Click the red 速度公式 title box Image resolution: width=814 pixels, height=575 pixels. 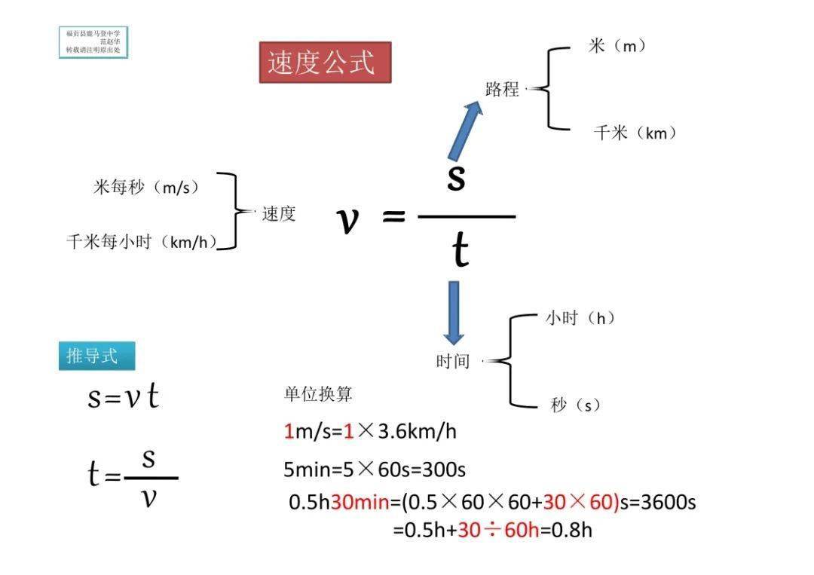[x=325, y=63]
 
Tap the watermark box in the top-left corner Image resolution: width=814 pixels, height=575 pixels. [x=93, y=42]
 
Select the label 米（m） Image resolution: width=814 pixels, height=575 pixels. [x=617, y=46]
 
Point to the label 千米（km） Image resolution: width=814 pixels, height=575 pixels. [x=635, y=133]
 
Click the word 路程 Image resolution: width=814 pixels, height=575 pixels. [x=502, y=90]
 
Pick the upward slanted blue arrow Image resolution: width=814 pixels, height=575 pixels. [x=464, y=130]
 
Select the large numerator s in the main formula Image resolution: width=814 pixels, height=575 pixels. [x=456, y=177]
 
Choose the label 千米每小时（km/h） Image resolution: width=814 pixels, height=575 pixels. [x=142, y=242]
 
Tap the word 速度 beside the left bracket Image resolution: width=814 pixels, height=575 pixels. [x=279, y=214]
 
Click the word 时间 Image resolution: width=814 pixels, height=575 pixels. [x=452, y=362]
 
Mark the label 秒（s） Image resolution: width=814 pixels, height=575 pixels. [x=575, y=405]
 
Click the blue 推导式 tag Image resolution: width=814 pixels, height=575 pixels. [x=96, y=356]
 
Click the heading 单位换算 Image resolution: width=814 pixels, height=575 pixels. [x=317, y=394]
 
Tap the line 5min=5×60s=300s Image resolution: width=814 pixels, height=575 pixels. [x=374, y=470]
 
